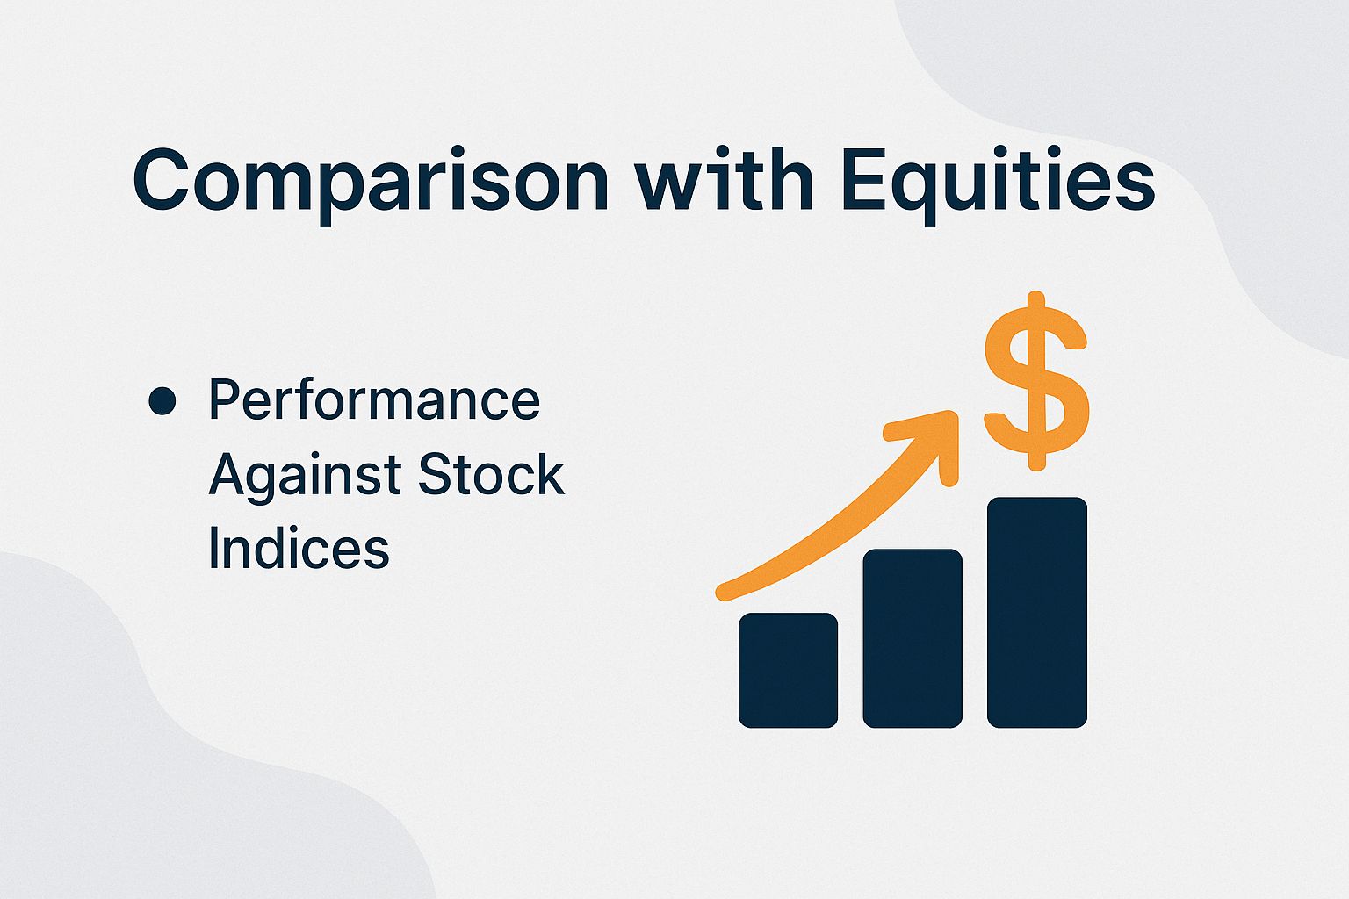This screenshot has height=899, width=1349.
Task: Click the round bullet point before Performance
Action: (x=162, y=401)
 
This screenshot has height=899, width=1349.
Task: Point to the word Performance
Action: (x=374, y=400)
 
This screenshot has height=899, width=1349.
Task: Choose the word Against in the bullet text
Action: (x=305, y=476)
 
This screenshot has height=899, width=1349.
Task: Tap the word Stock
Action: (x=491, y=474)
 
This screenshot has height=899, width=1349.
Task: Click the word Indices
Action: (x=299, y=549)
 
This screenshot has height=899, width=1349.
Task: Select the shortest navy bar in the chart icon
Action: (x=788, y=670)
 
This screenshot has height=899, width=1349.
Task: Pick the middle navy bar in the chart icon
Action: (x=913, y=638)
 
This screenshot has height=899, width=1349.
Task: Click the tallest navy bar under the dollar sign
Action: (x=1037, y=612)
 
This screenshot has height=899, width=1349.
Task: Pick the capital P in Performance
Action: (x=224, y=400)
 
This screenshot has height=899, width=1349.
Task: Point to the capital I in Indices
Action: (x=214, y=549)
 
